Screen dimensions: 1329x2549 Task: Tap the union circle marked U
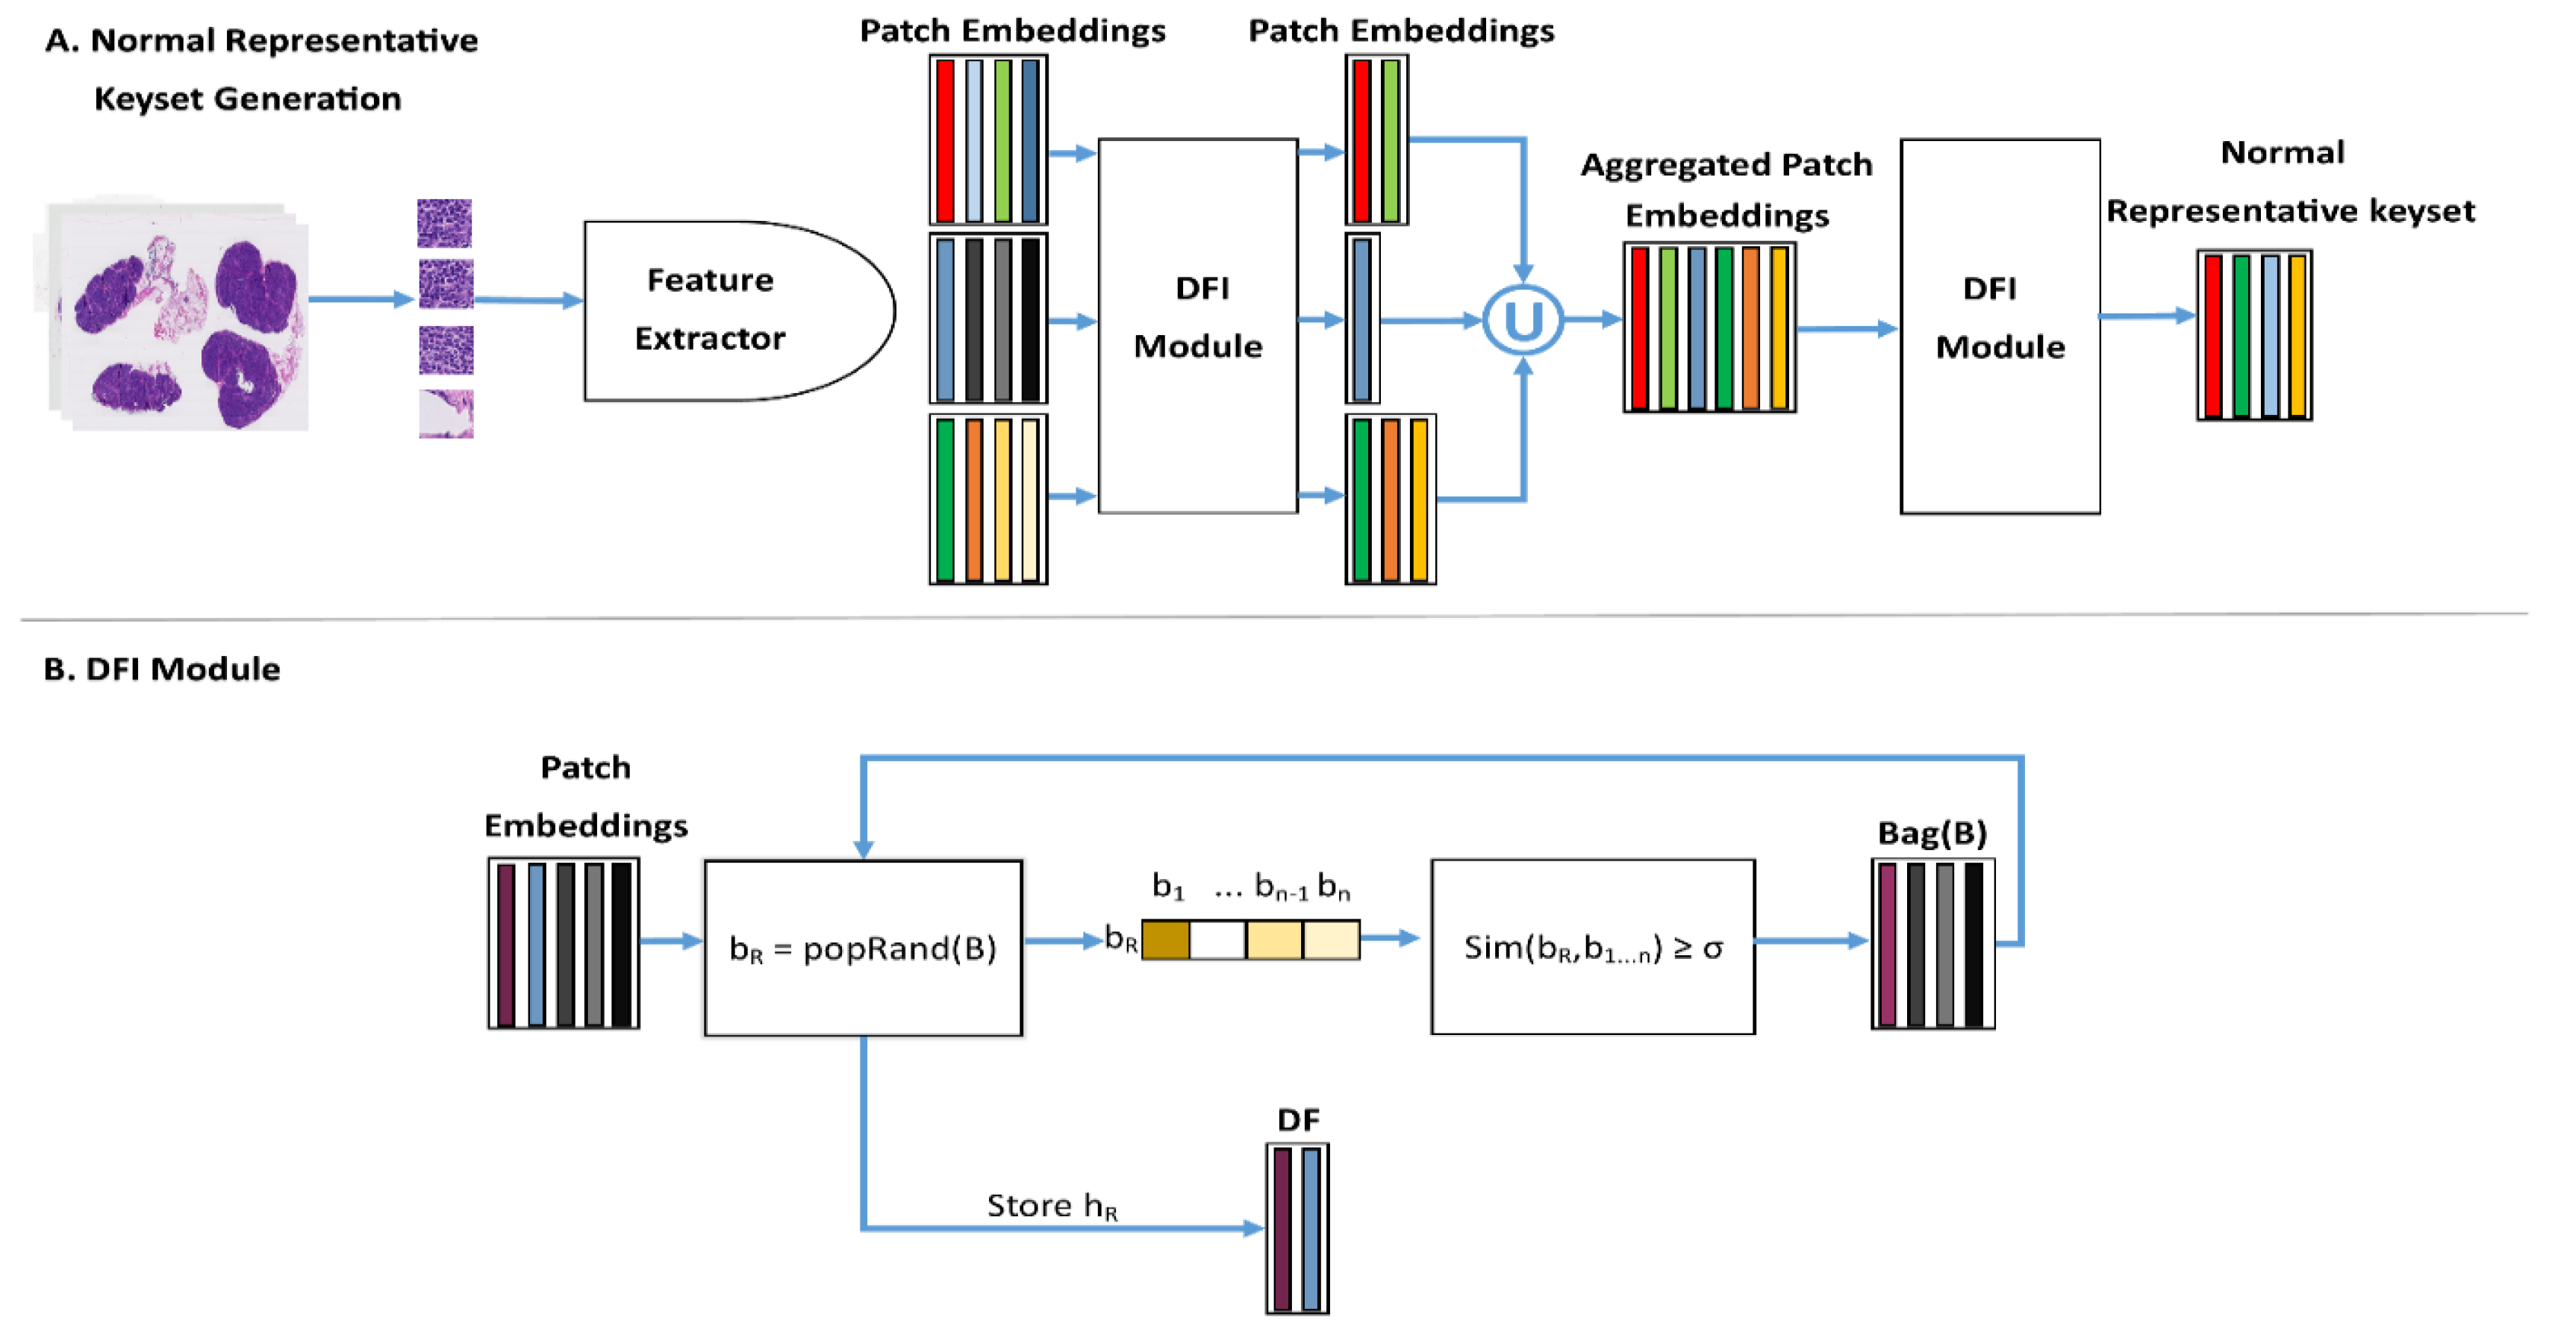pos(1523,319)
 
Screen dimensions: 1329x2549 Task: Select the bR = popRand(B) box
pos(863,947)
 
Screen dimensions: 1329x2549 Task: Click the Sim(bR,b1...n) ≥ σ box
pos(1592,947)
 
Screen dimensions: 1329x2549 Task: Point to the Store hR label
pos(1051,1205)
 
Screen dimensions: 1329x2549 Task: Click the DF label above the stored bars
pos(1297,1119)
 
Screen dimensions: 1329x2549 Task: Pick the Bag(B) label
pos(1932,834)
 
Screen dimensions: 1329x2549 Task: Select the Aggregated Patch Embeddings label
pos(1726,189)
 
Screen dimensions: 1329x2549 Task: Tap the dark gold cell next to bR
pos(1166,939)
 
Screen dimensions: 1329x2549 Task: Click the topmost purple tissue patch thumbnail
pos(444,222)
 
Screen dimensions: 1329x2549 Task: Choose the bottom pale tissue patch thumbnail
pos(446,413)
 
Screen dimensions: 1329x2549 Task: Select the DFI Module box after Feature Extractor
pos(1197,325)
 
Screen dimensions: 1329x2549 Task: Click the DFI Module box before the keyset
pos(2000,325)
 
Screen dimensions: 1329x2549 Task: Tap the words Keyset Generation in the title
pos(247,99)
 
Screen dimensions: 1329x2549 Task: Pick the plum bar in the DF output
pos(1282,1228)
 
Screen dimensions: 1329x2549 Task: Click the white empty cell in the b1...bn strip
pos(1217,939)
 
